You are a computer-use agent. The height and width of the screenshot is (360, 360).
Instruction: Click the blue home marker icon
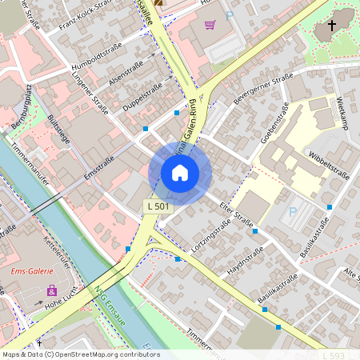coord(180,173)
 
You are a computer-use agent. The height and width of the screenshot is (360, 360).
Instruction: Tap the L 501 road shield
coord(158,206)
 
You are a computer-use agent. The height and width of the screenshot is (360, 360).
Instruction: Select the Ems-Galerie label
coord(30,271)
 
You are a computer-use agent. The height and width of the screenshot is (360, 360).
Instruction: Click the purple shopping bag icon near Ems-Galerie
coord(52,290)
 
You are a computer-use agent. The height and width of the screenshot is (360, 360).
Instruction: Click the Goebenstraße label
coord(274,128)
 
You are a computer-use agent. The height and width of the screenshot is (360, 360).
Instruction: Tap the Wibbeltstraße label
coord(329,165)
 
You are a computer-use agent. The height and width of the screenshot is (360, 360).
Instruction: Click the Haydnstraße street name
coord(246,262)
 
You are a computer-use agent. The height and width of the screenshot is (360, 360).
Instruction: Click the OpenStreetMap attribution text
coord(81,354)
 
